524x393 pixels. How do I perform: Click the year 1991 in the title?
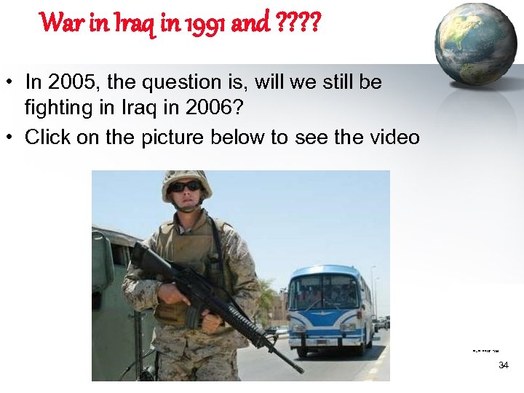tap(210, 23)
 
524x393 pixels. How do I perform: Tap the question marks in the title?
tap(298, 23)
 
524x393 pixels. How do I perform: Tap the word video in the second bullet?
tap(394, 137)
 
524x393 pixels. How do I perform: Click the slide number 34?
tap(503, 365)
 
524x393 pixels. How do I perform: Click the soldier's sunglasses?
tap(186, 186)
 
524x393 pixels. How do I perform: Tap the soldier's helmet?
tap(186, 178)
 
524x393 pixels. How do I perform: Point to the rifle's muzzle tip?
tap(300, 370)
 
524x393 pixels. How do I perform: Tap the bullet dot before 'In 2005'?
tap(12, 82)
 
